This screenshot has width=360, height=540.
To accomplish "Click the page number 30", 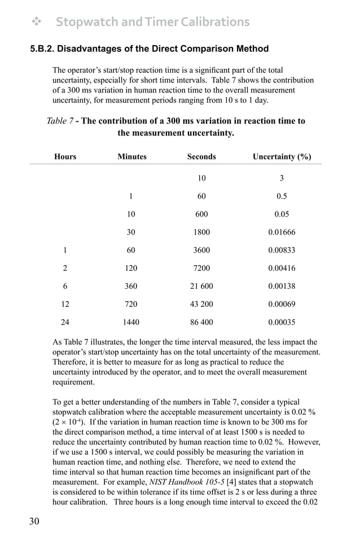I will [x=34, y=521].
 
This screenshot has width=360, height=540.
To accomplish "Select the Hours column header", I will [x=65, y=156].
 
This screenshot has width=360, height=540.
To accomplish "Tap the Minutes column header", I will [x=131, y=156].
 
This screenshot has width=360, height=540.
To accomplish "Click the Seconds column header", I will [x=201, y=156].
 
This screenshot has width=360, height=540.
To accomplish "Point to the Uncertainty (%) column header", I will [x=282, y=156].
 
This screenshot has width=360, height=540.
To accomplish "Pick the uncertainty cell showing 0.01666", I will [x=282, y=232].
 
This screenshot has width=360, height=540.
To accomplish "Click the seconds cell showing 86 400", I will [x=201, y=322].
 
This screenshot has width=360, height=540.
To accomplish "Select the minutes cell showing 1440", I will [x=131, y=322].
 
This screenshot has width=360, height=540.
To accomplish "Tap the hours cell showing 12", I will [x=65, y=304].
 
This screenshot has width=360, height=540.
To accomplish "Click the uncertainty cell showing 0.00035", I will [x=282, y=322].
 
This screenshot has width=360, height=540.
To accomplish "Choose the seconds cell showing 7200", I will [x=201, y=268].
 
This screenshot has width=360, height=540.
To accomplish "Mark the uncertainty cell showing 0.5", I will [x=282, y=196].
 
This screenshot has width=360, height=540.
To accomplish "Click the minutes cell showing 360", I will [x=131, y=286].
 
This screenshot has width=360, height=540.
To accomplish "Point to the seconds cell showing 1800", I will [x=201, y=232].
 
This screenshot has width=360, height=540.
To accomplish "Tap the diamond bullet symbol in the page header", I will [x=37, y=22].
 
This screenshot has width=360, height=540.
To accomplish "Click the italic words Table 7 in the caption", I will [x=59, y=121].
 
